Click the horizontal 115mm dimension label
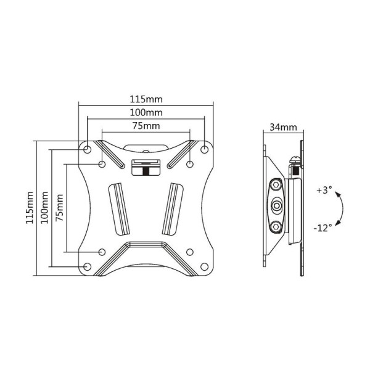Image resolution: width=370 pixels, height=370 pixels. (146, 99)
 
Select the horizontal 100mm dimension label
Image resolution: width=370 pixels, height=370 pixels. (146, 113)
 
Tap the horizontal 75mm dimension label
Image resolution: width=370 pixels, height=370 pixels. (146, 126)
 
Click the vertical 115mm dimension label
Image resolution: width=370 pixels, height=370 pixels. (30, 208)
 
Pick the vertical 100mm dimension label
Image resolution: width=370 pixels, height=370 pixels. (44, 208)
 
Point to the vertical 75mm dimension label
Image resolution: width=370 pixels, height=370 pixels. (59, 208)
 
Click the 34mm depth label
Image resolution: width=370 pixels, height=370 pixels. (283, 127)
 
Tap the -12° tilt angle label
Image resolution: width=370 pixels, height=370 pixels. (323, 228)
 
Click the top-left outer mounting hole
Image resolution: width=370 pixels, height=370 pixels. (88, 149)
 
